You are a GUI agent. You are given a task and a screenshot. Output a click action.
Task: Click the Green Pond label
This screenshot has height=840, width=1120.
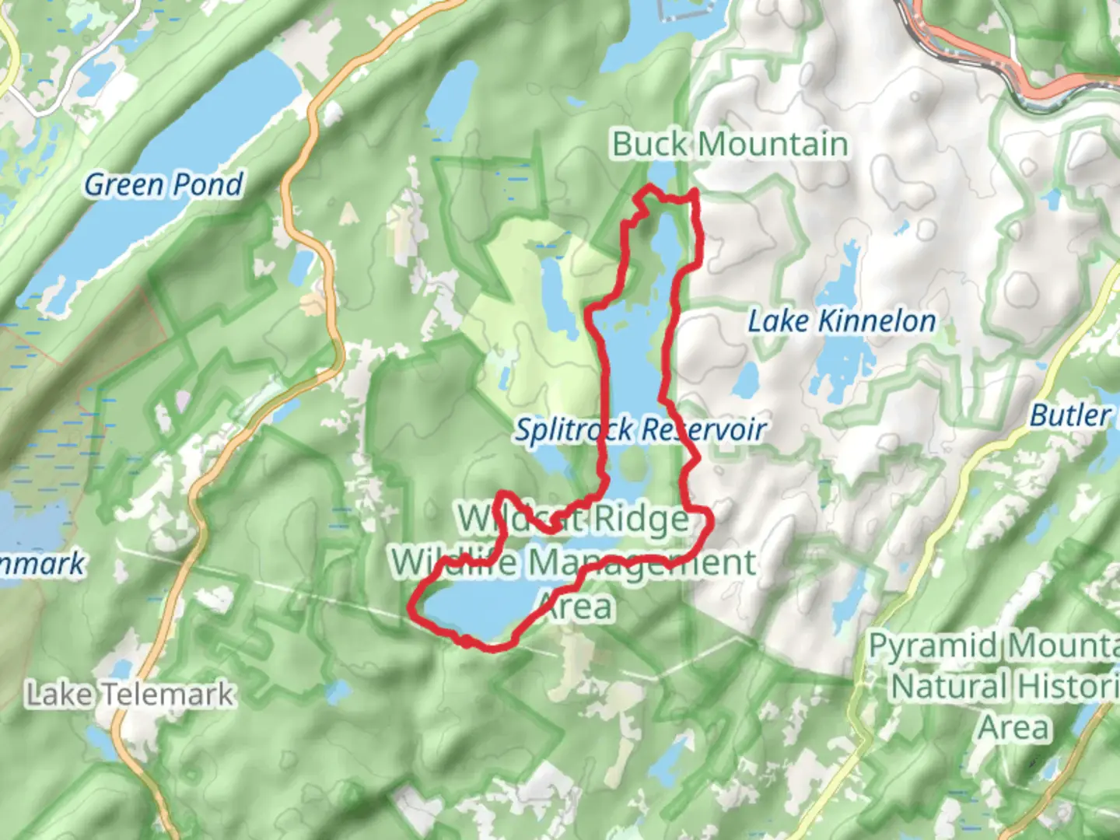[x=163, y=184]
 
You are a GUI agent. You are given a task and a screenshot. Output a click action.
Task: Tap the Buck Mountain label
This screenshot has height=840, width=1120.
[x=729, y=145]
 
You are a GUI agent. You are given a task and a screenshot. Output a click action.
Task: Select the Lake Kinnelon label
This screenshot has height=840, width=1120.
[x=842, y=320]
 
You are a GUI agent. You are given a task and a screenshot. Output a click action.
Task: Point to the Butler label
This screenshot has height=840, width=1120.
[x=1070, y=415]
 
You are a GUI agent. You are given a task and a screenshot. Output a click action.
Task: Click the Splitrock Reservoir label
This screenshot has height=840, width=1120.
[x=640, y=429]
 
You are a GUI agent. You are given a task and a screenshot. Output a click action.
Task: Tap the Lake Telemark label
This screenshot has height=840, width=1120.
[x=130, y=694]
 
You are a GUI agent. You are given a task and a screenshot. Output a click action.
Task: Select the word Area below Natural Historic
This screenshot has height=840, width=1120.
[x=1014, y=728]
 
